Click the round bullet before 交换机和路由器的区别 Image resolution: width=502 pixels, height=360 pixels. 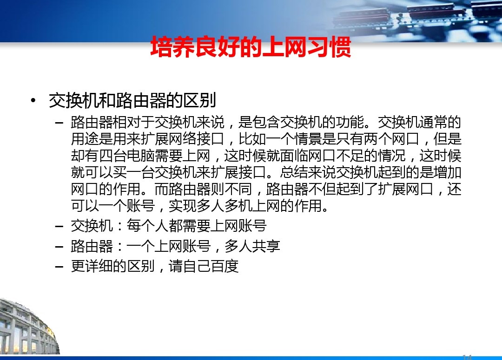tap(33, 101)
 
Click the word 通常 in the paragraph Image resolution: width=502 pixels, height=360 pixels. tap(434, 122)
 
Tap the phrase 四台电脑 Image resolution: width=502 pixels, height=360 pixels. tap(127, 156)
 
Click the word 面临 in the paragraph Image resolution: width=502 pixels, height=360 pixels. tap(294, 156)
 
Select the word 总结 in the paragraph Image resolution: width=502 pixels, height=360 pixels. tap(294, 172)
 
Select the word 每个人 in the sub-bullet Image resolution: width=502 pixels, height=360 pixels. tap(148, 226)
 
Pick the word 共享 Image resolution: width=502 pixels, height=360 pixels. tap(266, 246)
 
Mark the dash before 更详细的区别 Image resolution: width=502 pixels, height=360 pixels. tap(59, 267)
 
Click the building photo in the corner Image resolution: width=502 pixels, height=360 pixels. tap(29, 327)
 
